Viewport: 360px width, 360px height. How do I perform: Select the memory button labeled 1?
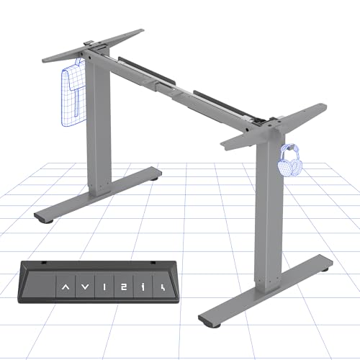click(105, 289)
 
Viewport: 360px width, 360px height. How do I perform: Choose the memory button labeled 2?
click(125, 289)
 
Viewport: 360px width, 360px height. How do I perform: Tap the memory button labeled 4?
click(163, 289)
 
